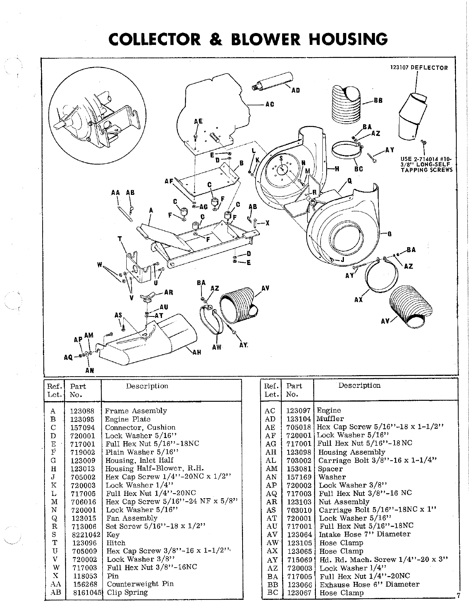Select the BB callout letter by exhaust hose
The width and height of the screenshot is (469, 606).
tap(378, 100)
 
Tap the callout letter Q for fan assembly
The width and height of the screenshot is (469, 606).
tap(349, 181)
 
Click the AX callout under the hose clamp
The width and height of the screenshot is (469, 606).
tap(358, 300)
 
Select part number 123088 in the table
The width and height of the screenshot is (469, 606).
tap(82, 411)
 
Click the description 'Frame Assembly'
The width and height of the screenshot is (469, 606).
tap(136, 411)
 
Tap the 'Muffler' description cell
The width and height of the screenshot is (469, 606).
tap(330, 418)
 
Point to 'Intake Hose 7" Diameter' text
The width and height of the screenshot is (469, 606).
tap(364, 534)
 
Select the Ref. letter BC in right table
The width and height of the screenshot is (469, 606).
tap(270, 593)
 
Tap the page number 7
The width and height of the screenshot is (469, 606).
tap(458, 596)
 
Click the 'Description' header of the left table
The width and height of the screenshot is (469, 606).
tap(147, 386)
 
